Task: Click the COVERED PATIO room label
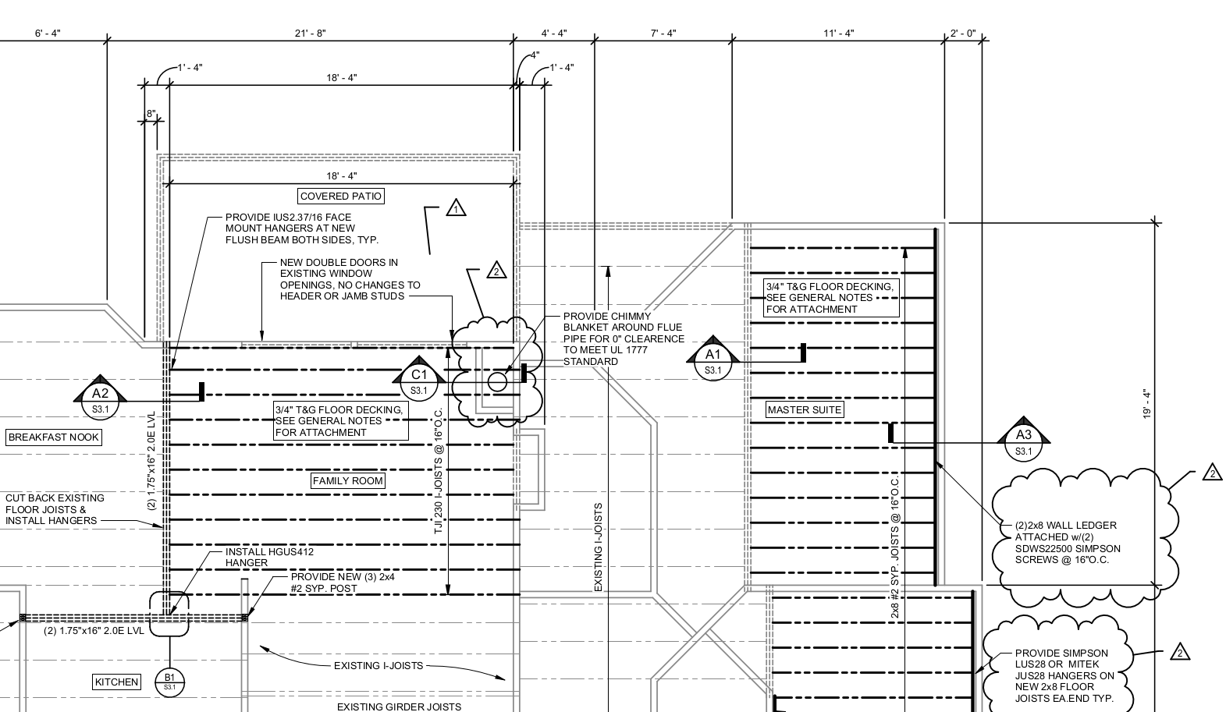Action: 340,197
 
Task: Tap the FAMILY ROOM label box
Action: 347,480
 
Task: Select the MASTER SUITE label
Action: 804,409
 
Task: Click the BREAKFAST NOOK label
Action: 54,437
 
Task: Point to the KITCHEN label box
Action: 116,682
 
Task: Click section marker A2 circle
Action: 100,402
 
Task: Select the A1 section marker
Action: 713,362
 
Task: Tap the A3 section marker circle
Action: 1024,443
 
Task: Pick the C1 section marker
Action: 419,382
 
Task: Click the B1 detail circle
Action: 169,682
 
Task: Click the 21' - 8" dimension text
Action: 311,34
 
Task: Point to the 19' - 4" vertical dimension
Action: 1147,404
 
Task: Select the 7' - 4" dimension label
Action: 663,34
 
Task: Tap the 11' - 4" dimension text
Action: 838,34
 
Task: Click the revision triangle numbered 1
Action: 456,208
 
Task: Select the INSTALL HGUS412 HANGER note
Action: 269,558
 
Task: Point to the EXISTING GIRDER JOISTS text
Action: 399,707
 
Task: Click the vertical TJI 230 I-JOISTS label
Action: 438,471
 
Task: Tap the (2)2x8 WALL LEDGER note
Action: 1068,543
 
